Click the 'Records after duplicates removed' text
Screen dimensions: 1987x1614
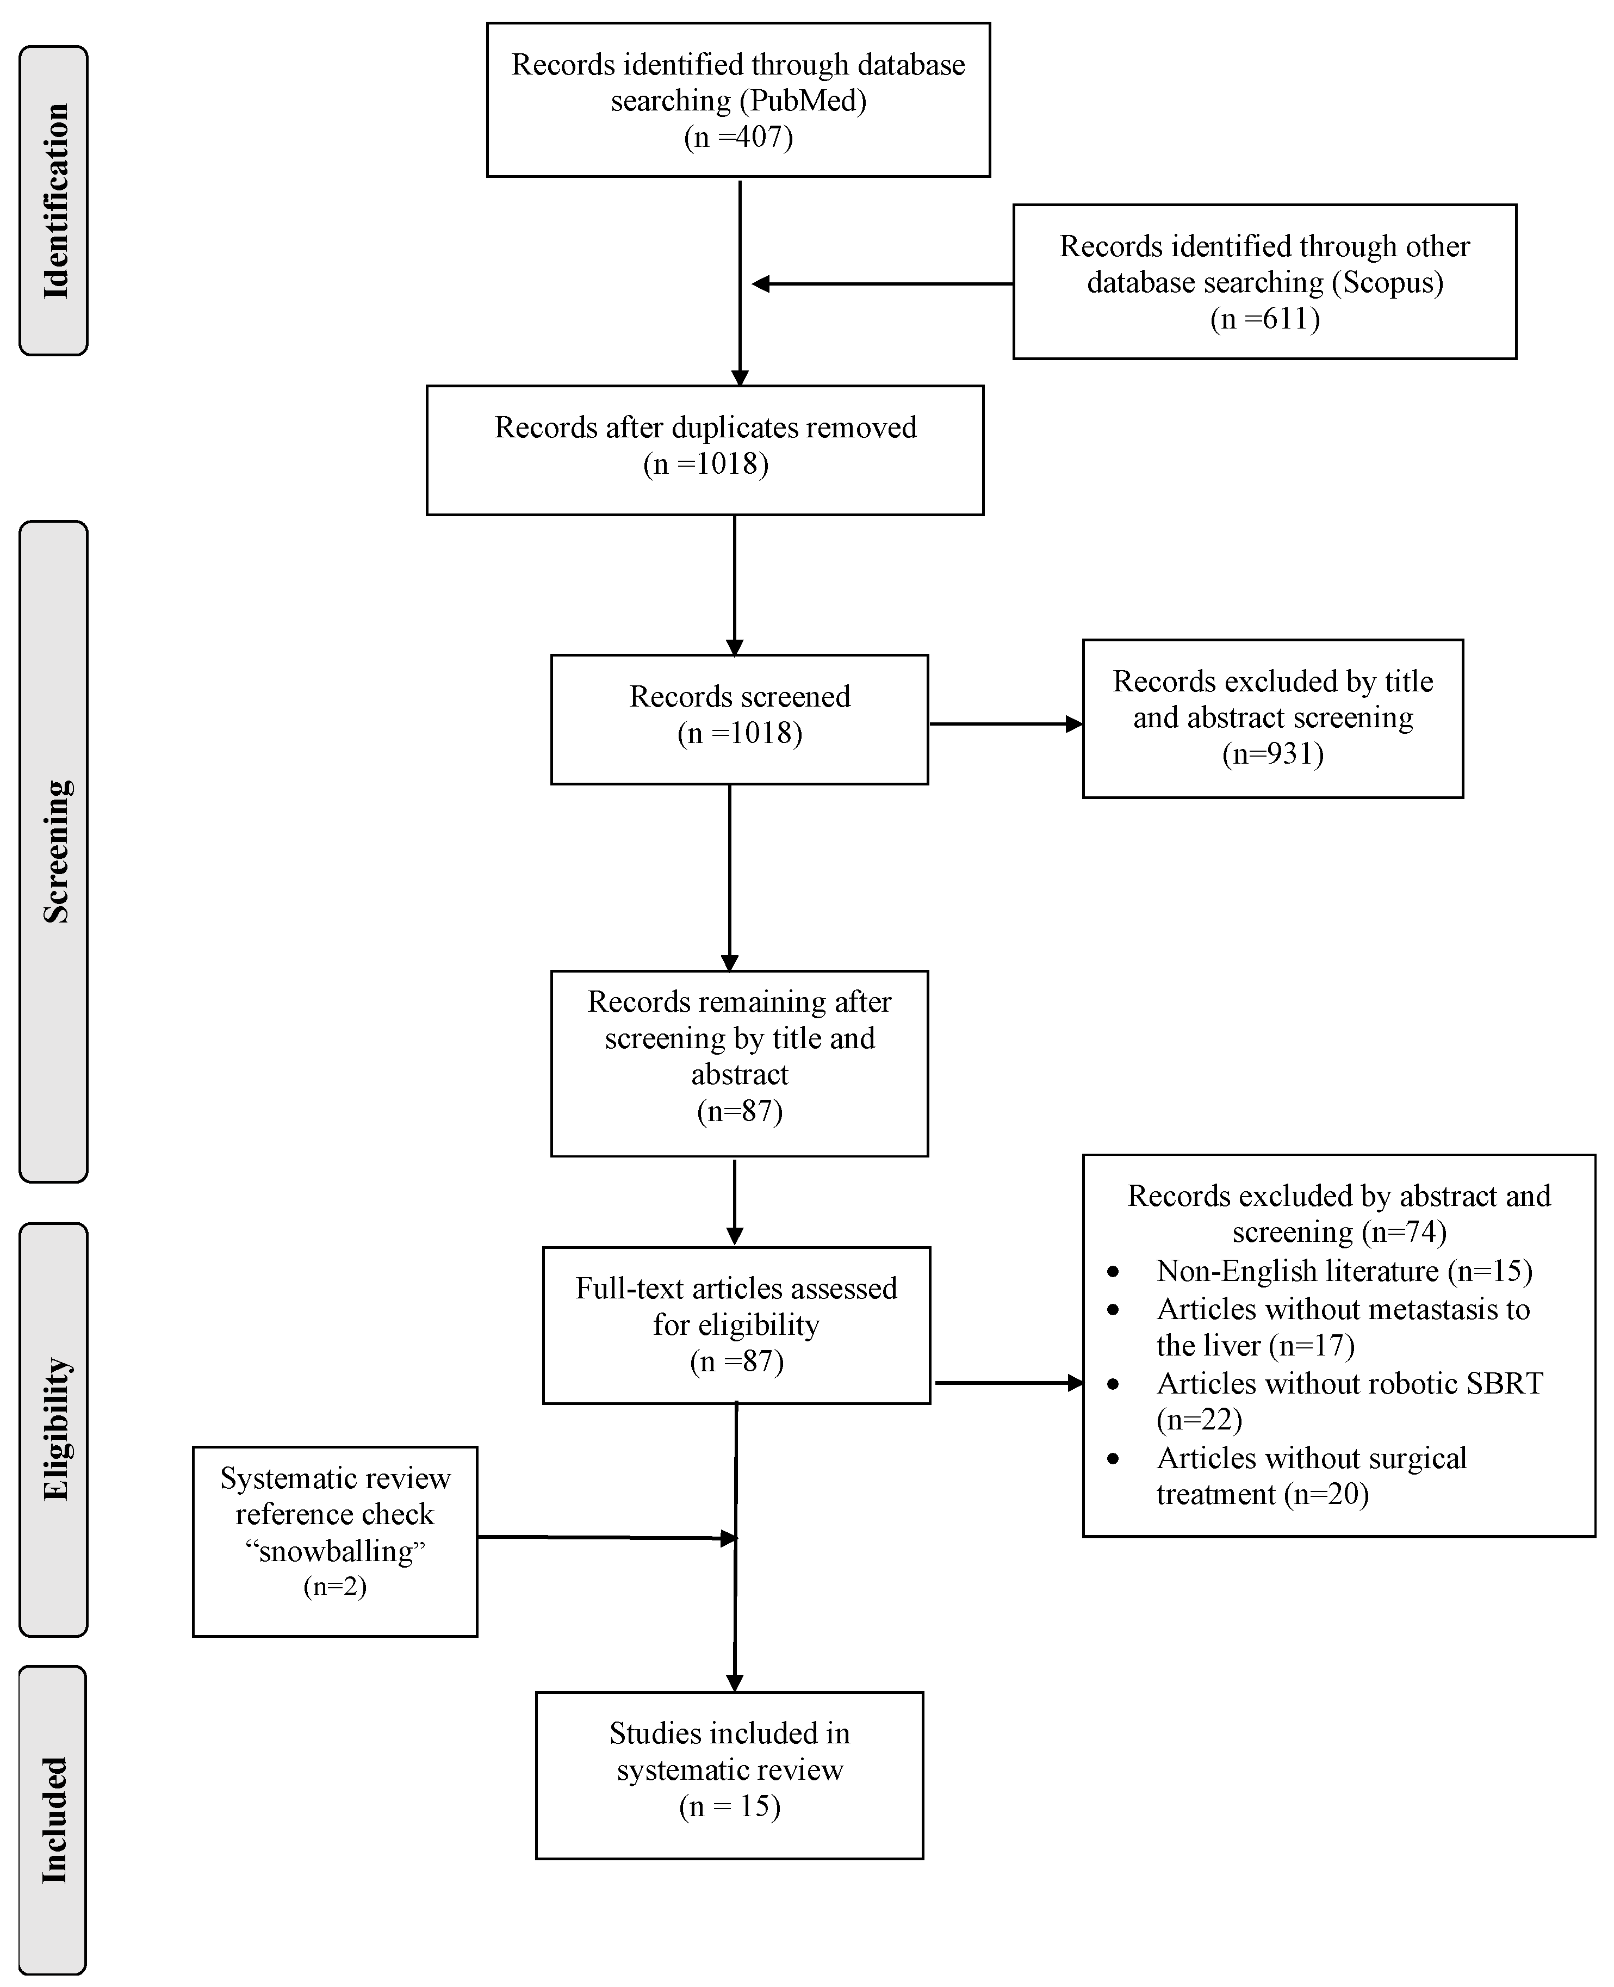pyautogui.click(x=705, y=428)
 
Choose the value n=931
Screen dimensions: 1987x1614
pyautogui.click(x=1273, y=753)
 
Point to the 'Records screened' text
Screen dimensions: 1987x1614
pyautogui.click(x=739, y=696)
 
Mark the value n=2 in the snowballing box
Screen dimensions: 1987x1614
pyautogui.click(x=334, y=1586)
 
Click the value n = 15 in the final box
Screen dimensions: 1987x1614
pyautogui.click(x=730, y=1806)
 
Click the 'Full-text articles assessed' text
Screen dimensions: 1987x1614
pyautogui.click(x=736, y=1289)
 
